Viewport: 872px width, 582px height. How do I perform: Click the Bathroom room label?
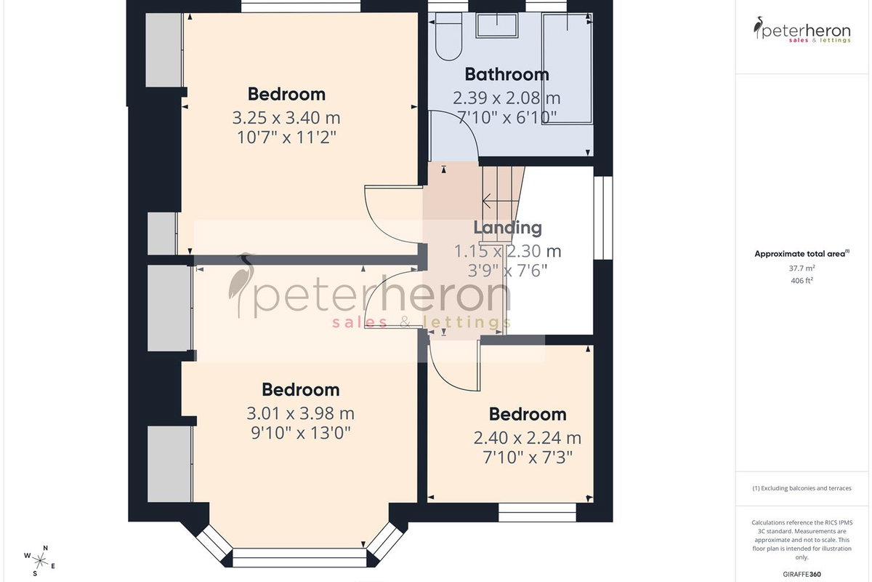pos(507,74)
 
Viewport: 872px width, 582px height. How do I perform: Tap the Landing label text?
pos(508,228)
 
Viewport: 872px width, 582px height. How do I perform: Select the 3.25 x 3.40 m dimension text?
pos(286,117)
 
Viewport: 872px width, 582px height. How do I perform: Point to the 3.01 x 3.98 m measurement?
pos(301,413)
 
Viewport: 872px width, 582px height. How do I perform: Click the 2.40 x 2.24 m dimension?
pos(528,438)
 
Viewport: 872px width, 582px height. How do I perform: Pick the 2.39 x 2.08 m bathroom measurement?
pos(506,97)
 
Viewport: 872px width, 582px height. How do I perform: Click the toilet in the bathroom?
pos(448,36)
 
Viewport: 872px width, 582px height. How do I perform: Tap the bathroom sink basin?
pos(497,25)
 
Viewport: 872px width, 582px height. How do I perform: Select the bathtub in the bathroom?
pos(568,68)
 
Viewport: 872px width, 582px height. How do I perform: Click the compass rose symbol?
pos(39,561)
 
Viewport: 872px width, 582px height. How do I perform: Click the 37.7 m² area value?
pos(802,268)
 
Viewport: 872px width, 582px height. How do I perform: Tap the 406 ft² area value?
pos(802,280)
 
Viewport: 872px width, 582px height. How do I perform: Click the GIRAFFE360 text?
pos(802,574)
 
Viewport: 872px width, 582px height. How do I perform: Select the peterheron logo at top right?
pos(802,30)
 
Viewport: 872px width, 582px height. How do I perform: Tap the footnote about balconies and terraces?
pos(802,488)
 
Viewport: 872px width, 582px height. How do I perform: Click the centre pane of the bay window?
pos(299,558)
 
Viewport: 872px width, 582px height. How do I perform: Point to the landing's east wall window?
pos(603,218)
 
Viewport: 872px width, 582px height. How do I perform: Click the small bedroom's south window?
pos(537,512)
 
